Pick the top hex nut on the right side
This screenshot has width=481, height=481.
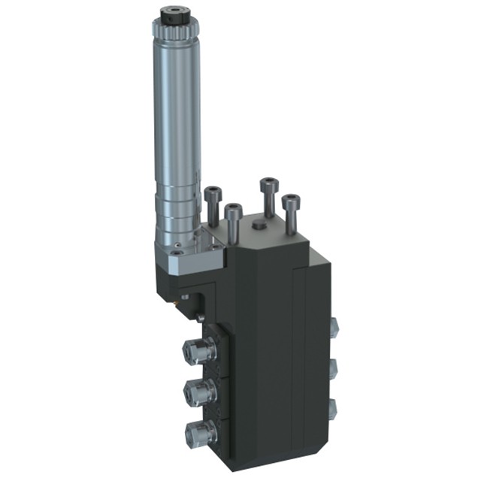[x=334, y=325]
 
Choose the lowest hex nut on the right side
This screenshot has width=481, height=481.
[x=334, y=408]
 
